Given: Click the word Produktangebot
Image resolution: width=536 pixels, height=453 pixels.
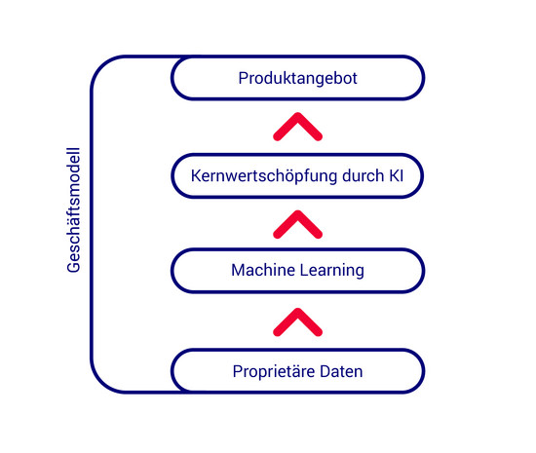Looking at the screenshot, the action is [297, 79].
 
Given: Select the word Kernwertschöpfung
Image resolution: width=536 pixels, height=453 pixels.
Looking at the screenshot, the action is [264, 176].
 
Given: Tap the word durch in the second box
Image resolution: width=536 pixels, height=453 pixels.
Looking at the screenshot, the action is [364, 175].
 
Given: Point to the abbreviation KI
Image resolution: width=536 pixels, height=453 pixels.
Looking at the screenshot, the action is [397, 175].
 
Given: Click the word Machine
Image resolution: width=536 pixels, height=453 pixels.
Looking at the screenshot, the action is [263, 270].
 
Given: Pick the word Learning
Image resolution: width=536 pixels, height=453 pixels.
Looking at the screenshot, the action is [332, 271].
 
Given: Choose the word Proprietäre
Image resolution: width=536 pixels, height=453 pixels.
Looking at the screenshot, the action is [274, 371].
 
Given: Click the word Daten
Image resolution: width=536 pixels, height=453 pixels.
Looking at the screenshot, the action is [341, 371].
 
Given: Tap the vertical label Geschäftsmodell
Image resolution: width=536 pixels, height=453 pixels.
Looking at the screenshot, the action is [73, 210].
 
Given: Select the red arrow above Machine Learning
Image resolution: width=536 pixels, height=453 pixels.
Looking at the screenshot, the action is [298, 223].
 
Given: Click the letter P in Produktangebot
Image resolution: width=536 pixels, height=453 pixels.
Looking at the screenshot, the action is [243, 78].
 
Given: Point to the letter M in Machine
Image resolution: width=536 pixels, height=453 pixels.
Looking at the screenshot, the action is [238, 270].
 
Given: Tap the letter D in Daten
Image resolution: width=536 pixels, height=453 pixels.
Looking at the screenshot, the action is [325, 371].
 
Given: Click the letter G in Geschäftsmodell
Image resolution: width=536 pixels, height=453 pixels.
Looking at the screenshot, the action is [73, 267].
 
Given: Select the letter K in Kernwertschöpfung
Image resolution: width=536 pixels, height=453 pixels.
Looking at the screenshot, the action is [196, 175].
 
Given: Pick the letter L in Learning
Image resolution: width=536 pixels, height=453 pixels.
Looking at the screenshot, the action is [304, 270].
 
